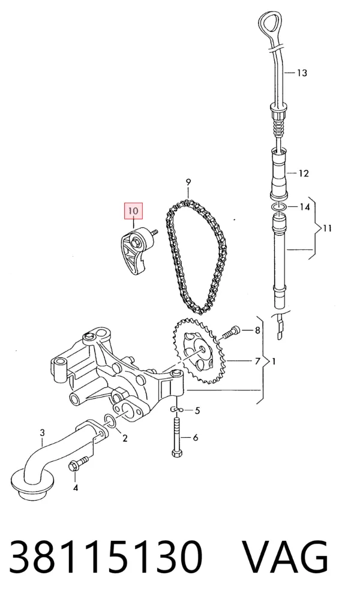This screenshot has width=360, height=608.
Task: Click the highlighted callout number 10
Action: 133,211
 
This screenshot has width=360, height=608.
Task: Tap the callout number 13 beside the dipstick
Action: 302,73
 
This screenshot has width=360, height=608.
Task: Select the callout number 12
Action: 304,173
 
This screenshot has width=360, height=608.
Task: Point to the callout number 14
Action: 305,207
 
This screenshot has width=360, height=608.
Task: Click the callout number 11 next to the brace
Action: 328,228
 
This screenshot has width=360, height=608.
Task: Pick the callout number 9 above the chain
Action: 188,182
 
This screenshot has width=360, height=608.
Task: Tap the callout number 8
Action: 257,330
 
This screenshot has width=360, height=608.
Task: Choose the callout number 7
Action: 257,362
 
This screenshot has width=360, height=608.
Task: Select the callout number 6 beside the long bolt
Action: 195,438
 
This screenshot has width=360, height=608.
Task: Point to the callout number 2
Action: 125,438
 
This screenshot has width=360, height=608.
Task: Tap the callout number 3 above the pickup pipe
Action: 42,432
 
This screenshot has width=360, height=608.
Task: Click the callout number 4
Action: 75,487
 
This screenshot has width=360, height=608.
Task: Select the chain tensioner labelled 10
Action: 136,252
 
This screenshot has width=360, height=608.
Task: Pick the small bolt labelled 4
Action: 77,463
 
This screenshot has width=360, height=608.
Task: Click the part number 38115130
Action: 106,557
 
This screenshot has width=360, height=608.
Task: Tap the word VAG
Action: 286,557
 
